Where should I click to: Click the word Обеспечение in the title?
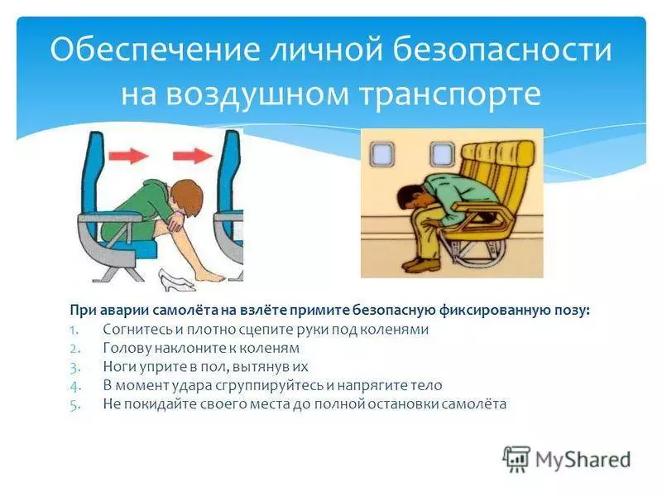[x=155, y=50]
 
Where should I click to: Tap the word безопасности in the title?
[x=502, y=50]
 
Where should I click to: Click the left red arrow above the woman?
[x=129, y=156]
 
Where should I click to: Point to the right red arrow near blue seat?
[x=193, y=156]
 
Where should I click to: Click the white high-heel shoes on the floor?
[x=176, y=280]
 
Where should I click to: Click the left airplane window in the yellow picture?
[x=382, y=153]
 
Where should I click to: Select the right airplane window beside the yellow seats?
[x=442, y=153]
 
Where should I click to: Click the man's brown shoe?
[x=421, y=265]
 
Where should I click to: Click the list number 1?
[x=74, y=330]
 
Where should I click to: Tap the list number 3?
[x=74, y=368]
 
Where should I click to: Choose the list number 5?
[x=74, y=405]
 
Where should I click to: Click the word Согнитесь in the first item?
[x=137, y=329]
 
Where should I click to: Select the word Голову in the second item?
[x=127, y=348]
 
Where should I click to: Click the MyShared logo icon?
[x=516, y=459]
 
